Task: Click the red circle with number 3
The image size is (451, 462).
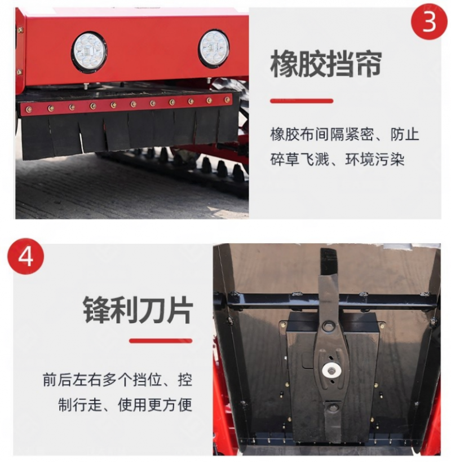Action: pos(429,21)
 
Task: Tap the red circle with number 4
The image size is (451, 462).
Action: pos(25,257)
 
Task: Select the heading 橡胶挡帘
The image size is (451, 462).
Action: pos(326,64)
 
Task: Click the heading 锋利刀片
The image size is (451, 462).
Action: pos(138,310)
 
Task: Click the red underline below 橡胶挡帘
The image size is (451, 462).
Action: pos(302,101)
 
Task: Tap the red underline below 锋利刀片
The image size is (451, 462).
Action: pos(161,341)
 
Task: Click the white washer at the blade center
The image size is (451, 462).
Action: pos(331,371)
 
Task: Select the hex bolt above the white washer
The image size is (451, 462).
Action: pos(328,326)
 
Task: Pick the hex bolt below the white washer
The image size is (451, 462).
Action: pos(333,408)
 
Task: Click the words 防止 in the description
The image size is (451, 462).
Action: pos(405,134)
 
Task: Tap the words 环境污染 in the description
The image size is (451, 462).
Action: pos(375,160)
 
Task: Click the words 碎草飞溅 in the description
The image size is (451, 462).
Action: pos(299,160)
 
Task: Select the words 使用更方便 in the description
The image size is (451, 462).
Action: pos(155,404)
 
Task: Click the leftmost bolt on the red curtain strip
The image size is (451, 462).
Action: pos(29,109)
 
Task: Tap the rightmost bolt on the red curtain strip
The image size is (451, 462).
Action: pos(227,100)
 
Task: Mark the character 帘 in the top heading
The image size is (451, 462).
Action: pos(369,64)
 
